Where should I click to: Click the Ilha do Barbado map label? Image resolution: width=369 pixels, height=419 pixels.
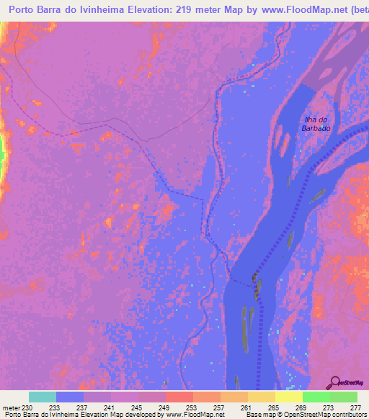(x=316, y=123)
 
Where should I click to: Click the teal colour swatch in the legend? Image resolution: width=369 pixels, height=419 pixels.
(x=43, y=396)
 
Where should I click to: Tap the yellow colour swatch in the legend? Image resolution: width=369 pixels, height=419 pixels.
(x=288, y=396)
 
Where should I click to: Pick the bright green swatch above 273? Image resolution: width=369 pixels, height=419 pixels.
(x=316, y=396)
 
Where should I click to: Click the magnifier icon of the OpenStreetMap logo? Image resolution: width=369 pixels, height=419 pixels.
(x=337, y=382)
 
